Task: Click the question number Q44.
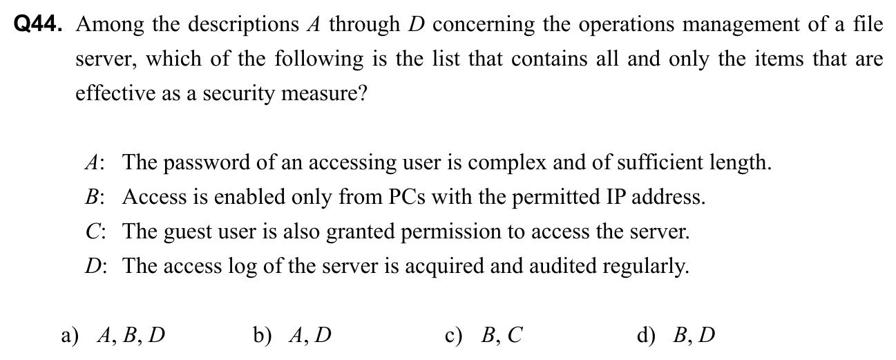pos(38,24)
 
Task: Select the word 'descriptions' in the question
pos(244,26)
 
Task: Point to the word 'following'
pos(318,60)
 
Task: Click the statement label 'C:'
pos(95,232)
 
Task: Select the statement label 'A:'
pos(95,163)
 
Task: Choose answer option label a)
pos(70,336)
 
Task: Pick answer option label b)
pos(262,336)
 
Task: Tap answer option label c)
pos(453,336)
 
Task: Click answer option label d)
pos(646,336)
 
